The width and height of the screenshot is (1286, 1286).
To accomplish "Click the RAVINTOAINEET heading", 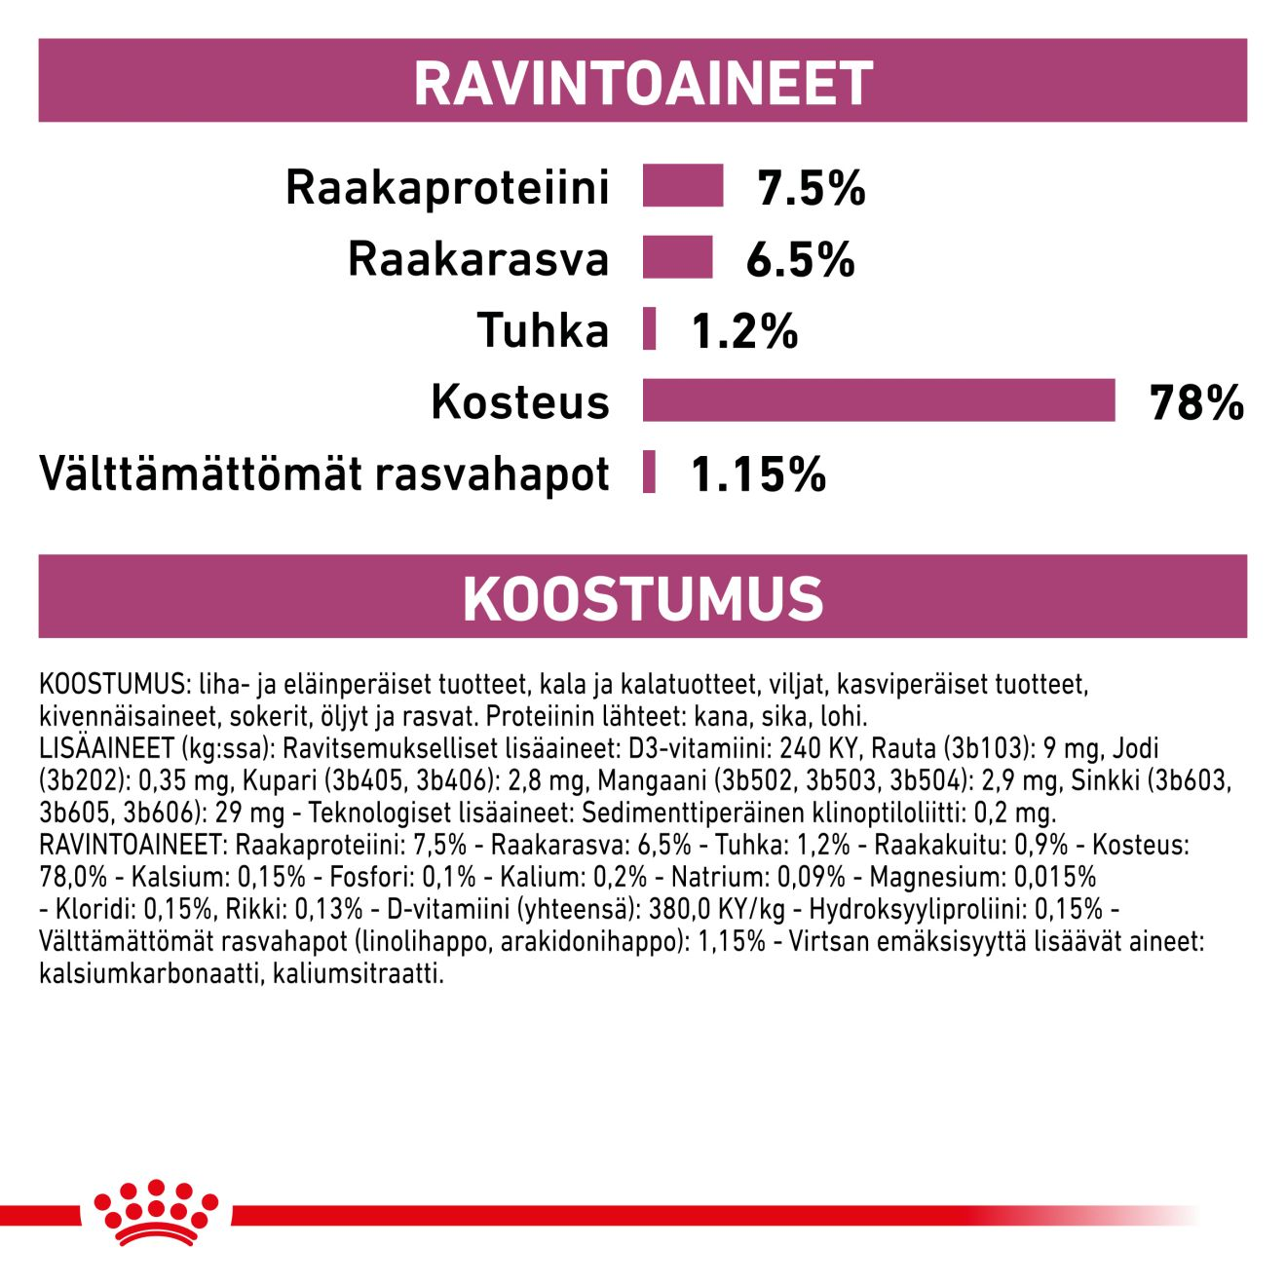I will pos(643,83).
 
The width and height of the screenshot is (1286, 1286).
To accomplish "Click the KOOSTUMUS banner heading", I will pos(643,598).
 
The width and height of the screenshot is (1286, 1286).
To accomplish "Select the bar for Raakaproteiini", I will pos(682,186).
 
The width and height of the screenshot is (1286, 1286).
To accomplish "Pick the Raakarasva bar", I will pos(677,257).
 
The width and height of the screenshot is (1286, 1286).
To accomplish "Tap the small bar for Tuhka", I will pos(649,328).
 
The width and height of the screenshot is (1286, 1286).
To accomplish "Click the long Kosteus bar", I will pos(878,400).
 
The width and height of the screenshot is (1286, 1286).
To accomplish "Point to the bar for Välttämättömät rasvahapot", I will pos(649,473).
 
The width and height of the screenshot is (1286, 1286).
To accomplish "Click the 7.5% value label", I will pos(812,188).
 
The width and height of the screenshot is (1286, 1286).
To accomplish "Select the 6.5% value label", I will pos(800,259).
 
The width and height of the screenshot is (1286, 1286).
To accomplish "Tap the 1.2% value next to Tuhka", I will pos(744,331).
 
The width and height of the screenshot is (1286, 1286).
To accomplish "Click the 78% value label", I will pos(1196,402).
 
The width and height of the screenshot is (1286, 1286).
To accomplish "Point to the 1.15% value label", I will pos(758,474).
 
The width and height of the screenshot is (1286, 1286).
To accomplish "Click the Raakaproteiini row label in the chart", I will pos(447,187).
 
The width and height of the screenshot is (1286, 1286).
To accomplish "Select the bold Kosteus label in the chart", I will pos(519,401).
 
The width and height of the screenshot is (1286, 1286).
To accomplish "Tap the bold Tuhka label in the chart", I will pos(543,330).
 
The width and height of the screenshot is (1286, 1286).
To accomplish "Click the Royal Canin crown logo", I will pos(156,1212).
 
